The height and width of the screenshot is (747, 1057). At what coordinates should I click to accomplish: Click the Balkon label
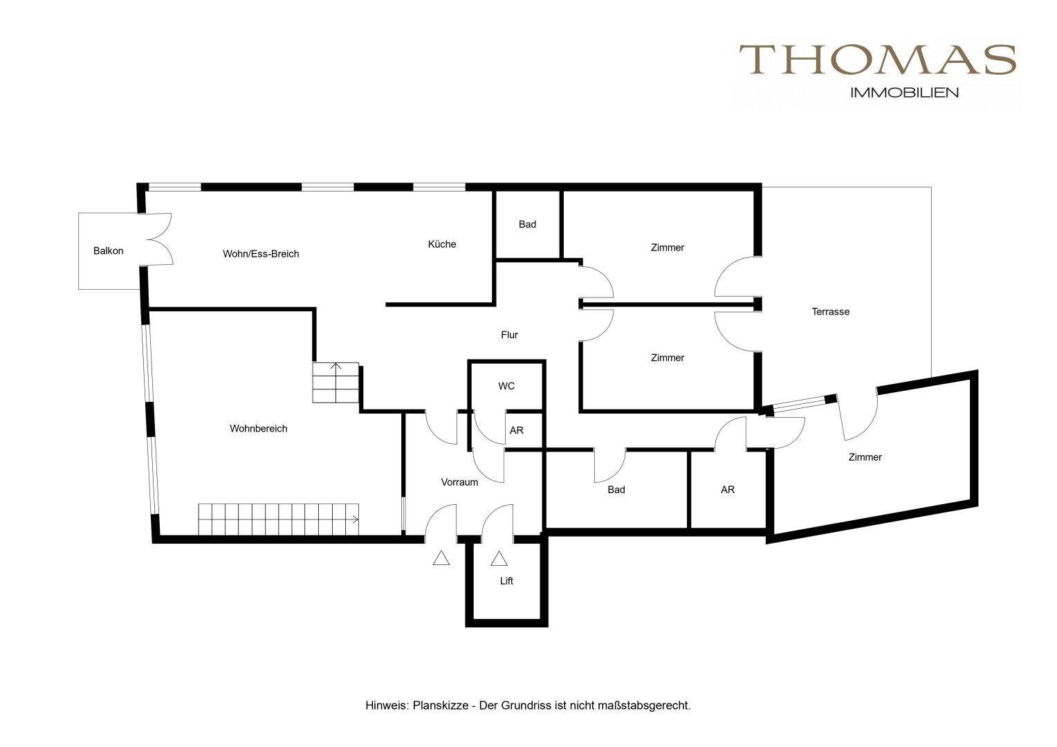point(108,250)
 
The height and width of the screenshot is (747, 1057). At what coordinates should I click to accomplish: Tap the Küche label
point(441,244)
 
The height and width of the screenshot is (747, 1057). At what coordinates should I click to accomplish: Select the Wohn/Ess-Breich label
point(261,254)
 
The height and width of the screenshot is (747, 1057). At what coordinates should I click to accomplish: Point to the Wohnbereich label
point(258,428)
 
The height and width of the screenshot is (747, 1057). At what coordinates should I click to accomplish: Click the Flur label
point(509,335)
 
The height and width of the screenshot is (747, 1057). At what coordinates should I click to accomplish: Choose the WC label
point(506,386)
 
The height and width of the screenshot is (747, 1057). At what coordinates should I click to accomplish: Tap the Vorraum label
point(459,482)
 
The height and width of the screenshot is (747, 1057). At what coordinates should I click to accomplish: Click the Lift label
point(506,581)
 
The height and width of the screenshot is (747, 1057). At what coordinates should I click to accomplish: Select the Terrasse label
point(831,311)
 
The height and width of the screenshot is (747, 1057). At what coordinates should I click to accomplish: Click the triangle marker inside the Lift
point(499,559)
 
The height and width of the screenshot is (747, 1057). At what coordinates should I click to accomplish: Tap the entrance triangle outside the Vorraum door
point(441,558)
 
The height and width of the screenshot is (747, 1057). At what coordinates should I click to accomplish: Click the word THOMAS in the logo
point(877,59)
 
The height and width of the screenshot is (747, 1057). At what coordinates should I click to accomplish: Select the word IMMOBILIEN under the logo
point(904,93)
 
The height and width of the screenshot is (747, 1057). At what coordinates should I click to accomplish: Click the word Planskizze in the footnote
point(440,706)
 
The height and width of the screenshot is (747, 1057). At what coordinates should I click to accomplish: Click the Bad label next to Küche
point(527,224)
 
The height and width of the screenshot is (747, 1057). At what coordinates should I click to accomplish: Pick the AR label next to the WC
point(516,430)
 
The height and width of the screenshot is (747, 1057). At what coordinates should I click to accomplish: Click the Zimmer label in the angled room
point(865,456)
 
